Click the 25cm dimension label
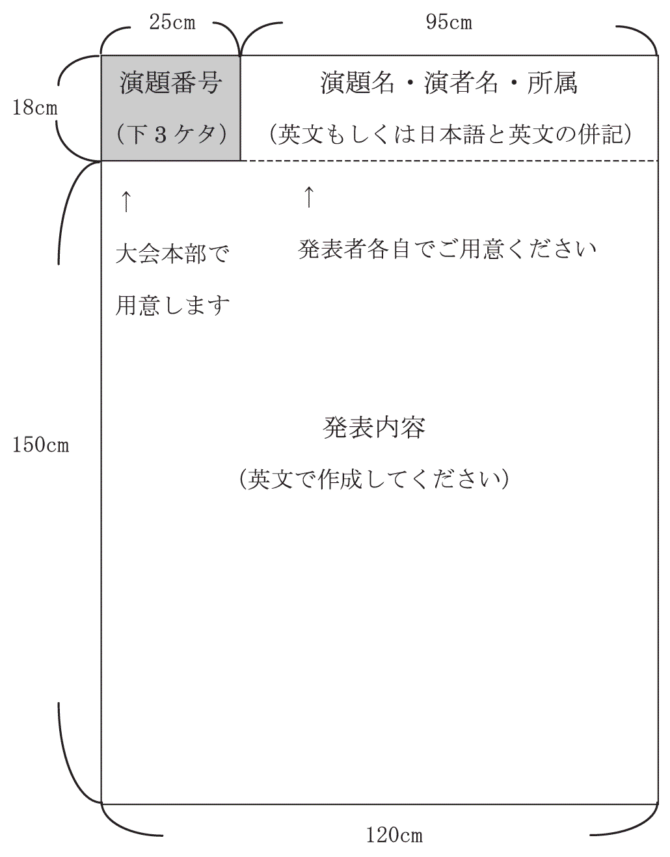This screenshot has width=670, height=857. pos(172,23)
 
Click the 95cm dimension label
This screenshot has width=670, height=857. pos(449,23)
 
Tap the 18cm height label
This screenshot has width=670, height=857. pos(35,107)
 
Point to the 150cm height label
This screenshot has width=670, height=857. pos(41,445)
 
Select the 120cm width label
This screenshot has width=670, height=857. pos(394,835)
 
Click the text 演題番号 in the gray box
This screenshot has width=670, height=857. pos(171,83)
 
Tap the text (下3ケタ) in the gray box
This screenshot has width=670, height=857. pos(172,134)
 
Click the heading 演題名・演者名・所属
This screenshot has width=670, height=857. pos(449,83)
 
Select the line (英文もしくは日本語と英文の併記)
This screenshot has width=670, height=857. pos(451,134)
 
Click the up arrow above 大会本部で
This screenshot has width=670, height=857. pos(126,201)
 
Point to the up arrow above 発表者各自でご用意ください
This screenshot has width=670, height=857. pos(309,197)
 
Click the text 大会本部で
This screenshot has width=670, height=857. pos(172,254)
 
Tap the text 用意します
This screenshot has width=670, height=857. pos(172,305)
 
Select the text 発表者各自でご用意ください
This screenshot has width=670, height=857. pos(447,249)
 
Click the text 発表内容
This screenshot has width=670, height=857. pos(374,428)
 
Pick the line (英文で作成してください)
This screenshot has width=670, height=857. pos(374,479)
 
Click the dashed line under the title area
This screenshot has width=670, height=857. pos(449,161)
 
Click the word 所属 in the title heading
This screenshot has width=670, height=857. pos(552,83)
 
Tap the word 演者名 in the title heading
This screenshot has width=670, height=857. pos(462,83)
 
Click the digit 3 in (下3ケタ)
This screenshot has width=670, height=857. pos(159,135)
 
